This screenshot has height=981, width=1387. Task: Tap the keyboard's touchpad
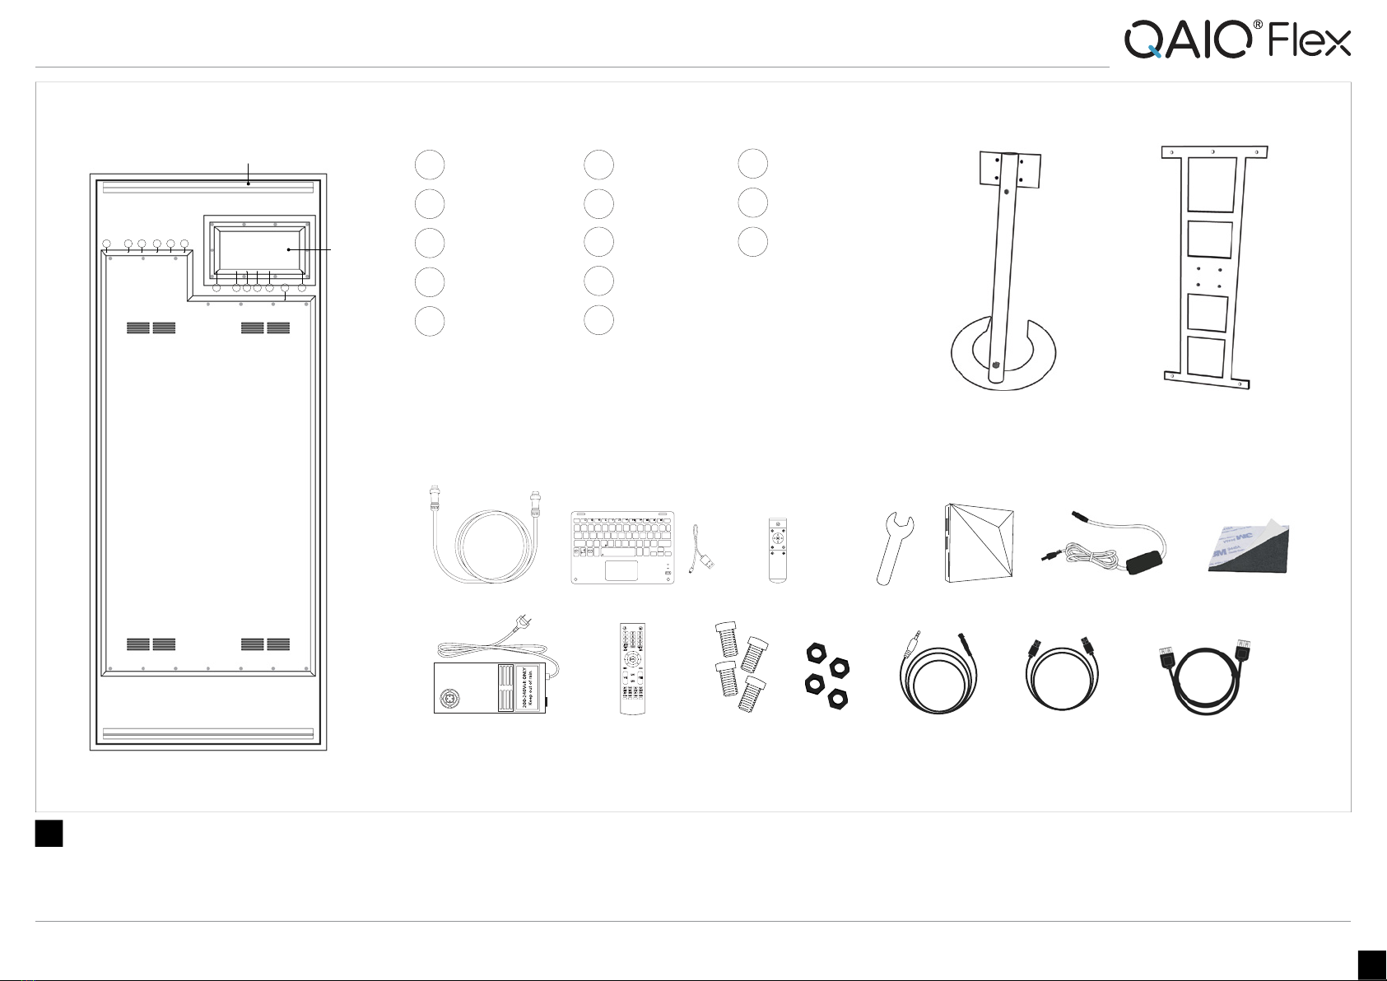click(x=622, y=570)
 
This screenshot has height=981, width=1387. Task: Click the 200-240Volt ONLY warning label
click(x=528, y=687)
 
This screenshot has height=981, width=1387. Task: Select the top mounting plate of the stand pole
click(x=1003, y=170)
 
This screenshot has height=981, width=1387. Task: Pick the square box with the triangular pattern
click(x=979, y=544)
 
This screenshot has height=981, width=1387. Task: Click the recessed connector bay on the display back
click(x=259, y=248)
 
